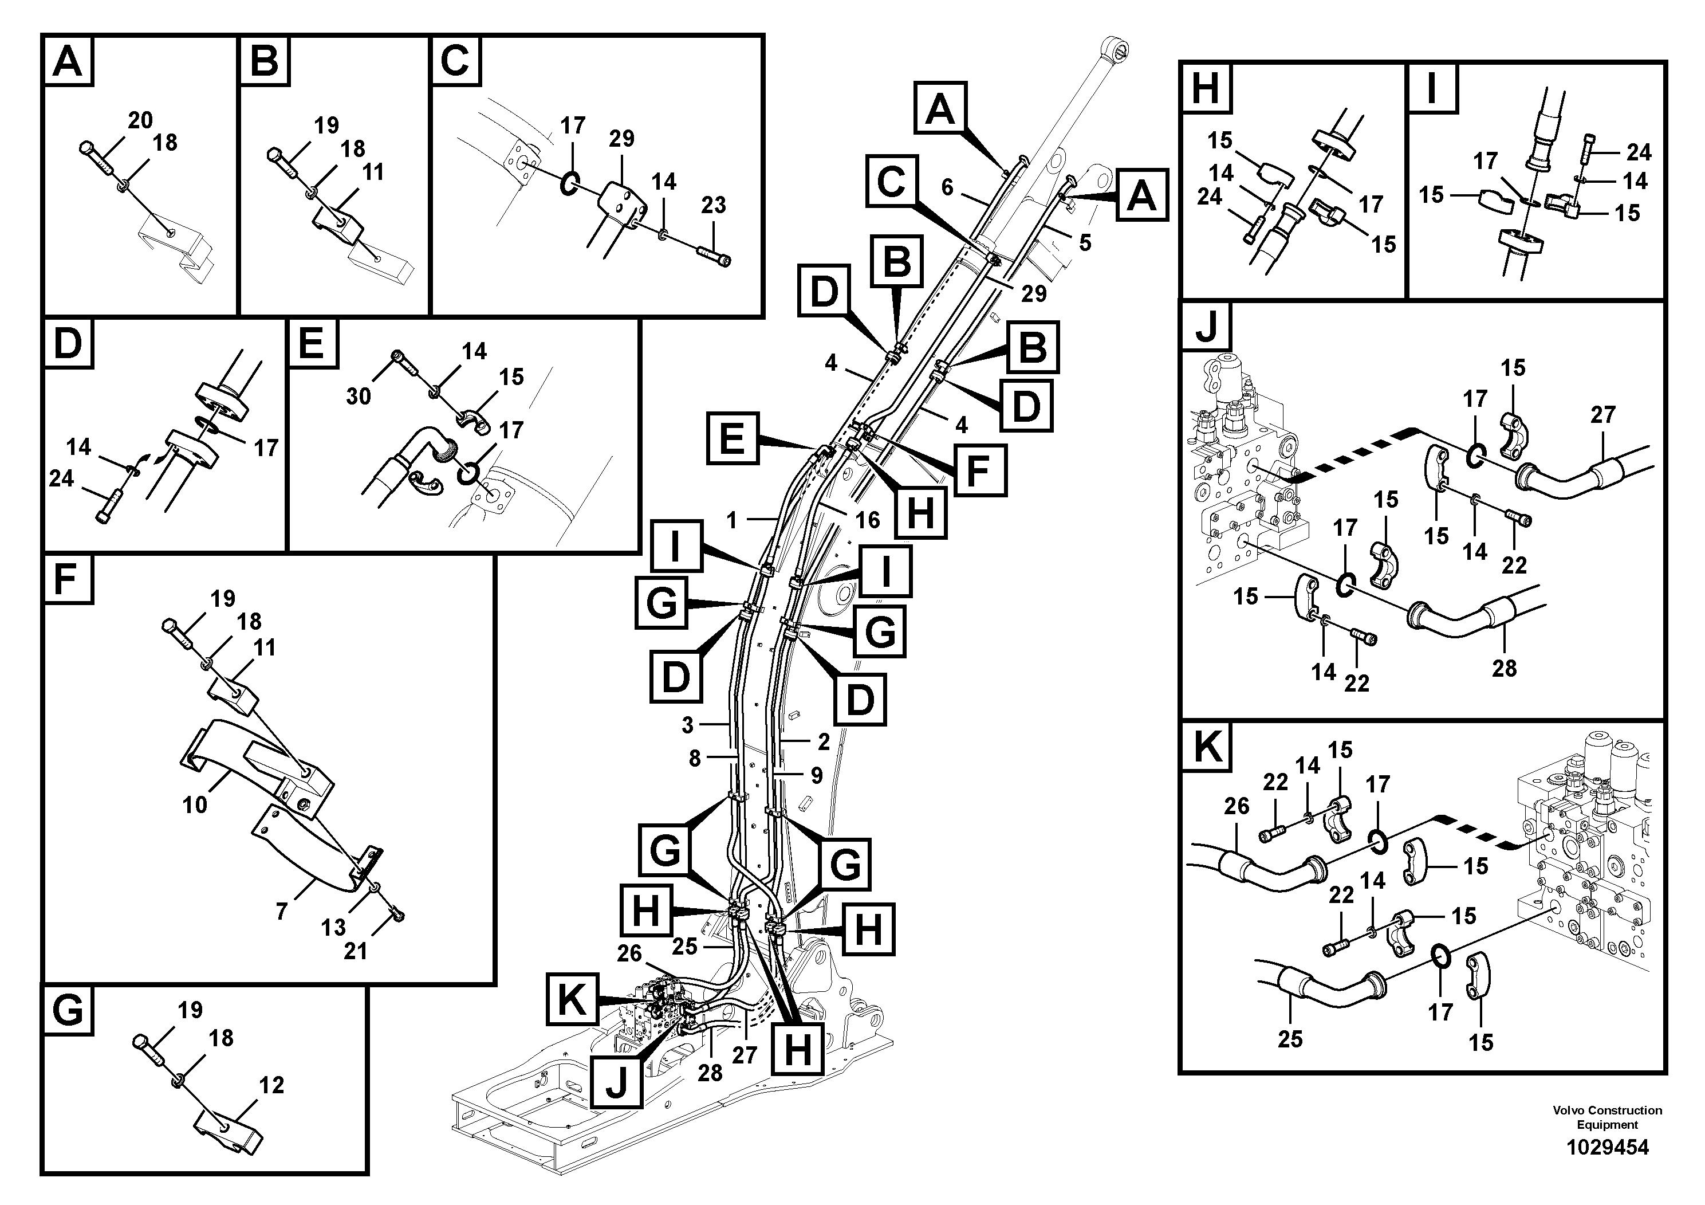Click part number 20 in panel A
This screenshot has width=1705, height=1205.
[140, 120]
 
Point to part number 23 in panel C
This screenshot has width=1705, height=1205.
[713, 205]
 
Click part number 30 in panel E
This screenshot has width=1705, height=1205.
[358, 396]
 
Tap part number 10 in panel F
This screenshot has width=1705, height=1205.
[195, 804]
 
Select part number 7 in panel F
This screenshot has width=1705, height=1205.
[281, 912]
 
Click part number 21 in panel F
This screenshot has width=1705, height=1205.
[355, 950]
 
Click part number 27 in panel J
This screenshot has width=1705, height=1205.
[1602, 414]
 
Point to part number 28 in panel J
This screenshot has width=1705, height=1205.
[1504, 668]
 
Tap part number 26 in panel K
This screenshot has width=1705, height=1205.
[1237, 806]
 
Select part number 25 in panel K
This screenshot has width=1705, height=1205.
[1290, 1039]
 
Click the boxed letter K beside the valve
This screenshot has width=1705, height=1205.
[572, 1000]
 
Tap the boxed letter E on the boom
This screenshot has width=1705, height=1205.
[732, 438]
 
